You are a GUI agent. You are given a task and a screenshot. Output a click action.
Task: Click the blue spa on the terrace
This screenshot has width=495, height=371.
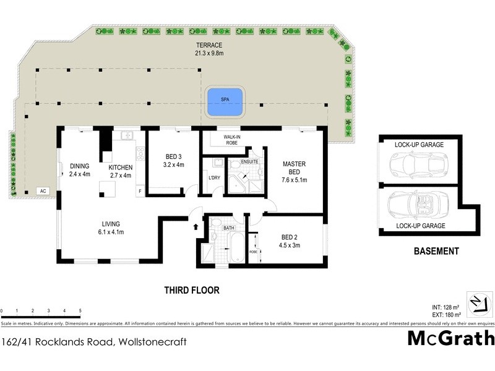click(225, 101)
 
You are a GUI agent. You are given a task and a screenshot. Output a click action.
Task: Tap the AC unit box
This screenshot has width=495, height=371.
click(43, 191)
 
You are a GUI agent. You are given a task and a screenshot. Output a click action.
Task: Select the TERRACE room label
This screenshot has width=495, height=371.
click(209, 46)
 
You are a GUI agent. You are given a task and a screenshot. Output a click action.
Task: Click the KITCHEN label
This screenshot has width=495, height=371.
click(121, 167)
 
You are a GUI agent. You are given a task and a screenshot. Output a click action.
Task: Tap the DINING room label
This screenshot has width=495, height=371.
click(80, 166)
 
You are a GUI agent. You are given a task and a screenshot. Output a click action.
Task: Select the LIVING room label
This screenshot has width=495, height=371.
click(111, 224)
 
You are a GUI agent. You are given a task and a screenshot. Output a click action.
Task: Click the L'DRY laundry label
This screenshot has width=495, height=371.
click(214, 178)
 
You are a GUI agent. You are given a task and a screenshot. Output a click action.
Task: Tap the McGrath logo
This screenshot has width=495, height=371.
click(451, 338)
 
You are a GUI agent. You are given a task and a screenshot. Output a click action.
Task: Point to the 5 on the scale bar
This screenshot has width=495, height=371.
click(80, 310)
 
